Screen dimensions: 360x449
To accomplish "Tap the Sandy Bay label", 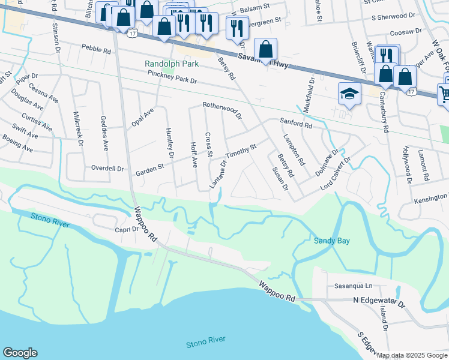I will [x=332, y=241].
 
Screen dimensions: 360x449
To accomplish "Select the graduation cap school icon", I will [x=349, y=94].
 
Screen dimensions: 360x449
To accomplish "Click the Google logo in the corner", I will [x=20, y=353].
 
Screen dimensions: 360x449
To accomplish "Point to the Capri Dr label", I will [x=127, y=229].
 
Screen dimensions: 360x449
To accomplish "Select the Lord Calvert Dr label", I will [x=335, y=174].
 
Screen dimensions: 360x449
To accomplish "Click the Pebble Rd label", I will [x=97, y=51].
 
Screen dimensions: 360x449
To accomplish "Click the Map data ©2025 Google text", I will [x=412, y=355].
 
